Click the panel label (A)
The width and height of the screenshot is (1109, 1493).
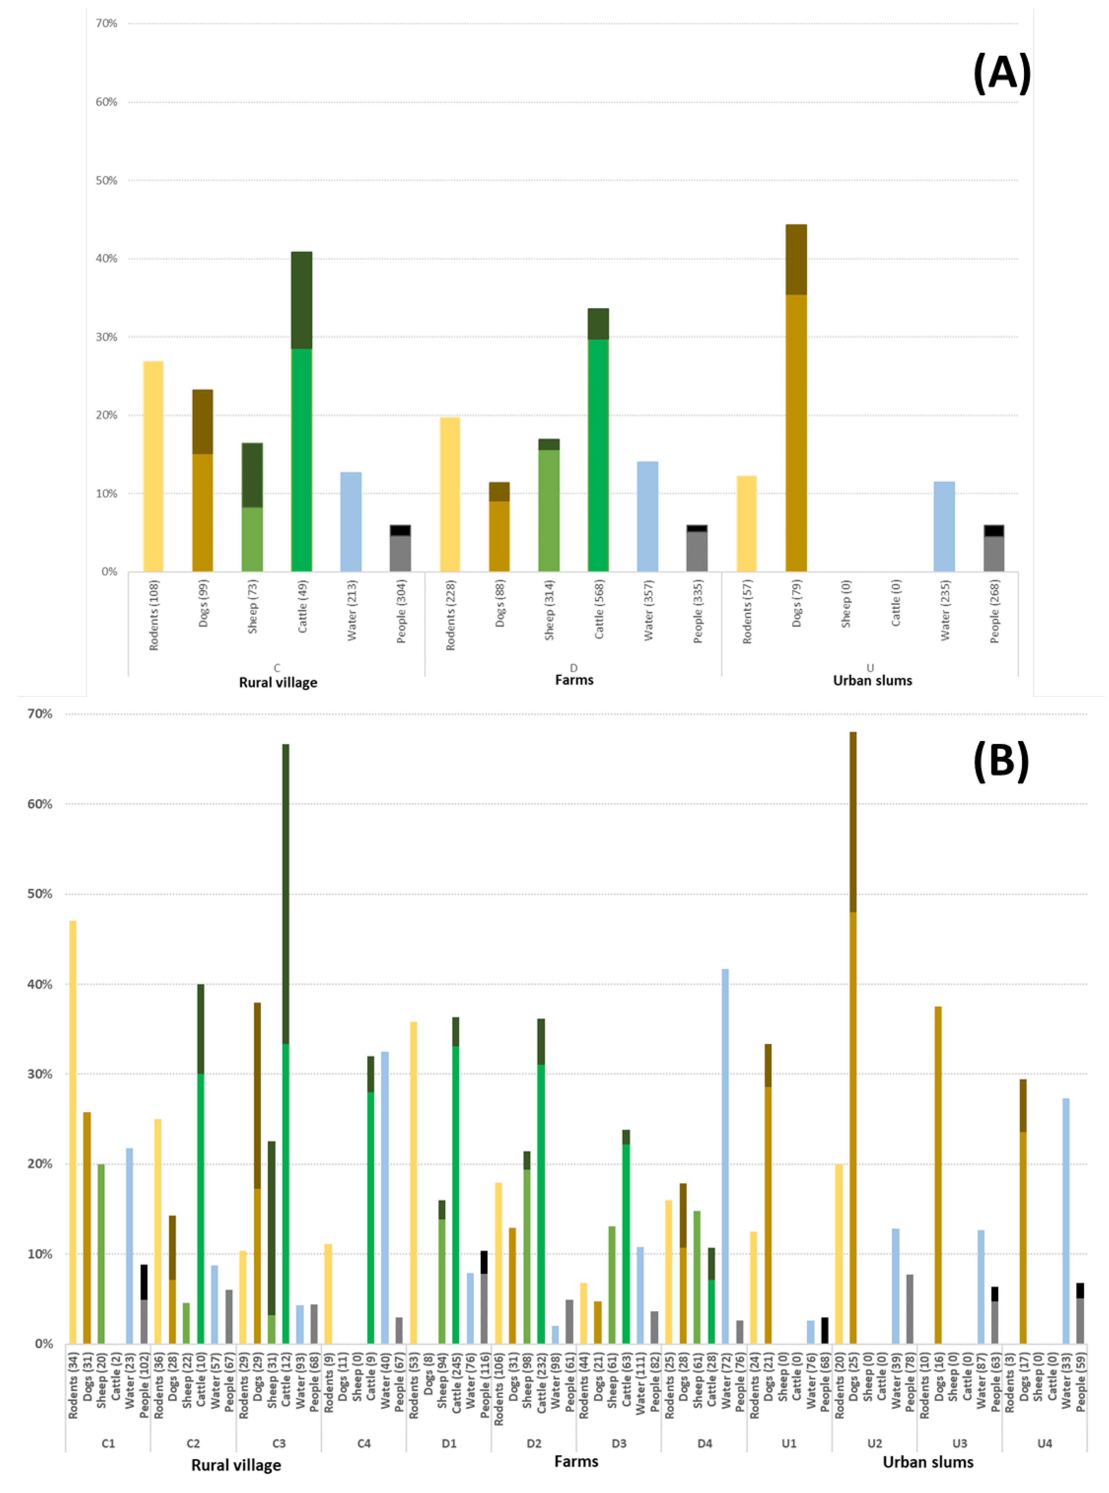click(x=1001, y=73)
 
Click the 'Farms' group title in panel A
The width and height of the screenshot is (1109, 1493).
click(x=574, y=680)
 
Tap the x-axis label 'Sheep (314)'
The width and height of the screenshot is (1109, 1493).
click(x=549, y=610)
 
